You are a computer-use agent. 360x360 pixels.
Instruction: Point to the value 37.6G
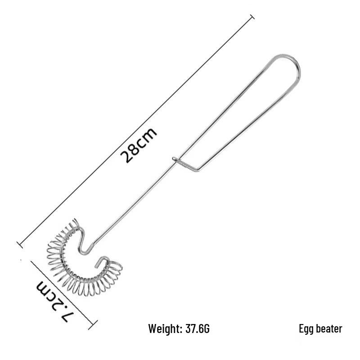[197, 329]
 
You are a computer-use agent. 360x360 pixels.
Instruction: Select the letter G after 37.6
[207, 329]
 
